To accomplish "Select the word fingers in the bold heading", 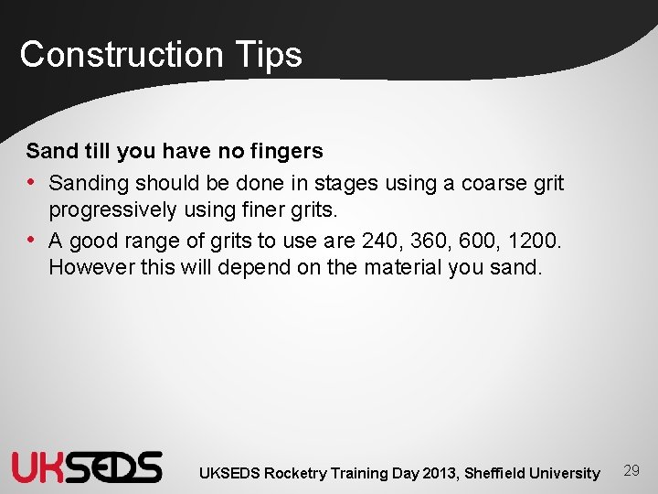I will pos(285,150).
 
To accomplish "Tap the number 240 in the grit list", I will pos(379,241).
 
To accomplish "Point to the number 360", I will pos(424,241).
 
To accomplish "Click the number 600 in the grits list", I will pos(469,241).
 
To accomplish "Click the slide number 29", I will pos(631,470).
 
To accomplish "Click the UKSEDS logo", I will pos(87,467).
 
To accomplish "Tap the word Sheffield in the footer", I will pos(494,473).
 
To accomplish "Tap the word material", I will pos(403,268).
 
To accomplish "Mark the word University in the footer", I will pos(566,473).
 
